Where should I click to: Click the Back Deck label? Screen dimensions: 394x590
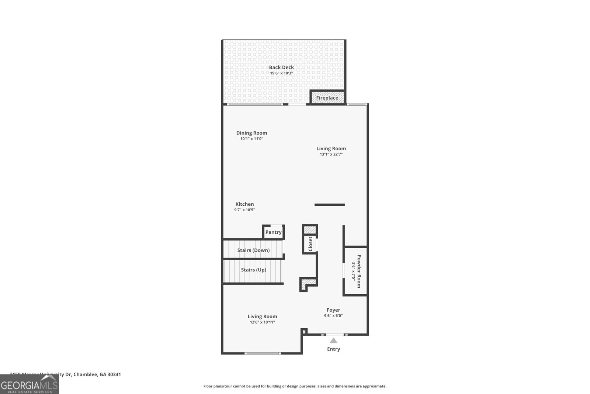click(x=281, y=67)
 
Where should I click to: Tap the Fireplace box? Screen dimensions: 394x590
click(x=327, y=98)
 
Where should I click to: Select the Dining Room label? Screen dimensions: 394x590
click(x=251, y=133)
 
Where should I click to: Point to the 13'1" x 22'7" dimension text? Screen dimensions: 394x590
click(x=331, y=154)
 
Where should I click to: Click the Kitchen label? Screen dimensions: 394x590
click(x=244, y=204)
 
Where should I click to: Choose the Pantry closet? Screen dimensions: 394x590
click(x=273, y=232)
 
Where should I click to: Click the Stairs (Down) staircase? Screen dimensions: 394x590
click(x=253, y=250)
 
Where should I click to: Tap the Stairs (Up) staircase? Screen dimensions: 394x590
click(x=253, y=270)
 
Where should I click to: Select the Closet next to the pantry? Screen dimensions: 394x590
click(x=310, y=244)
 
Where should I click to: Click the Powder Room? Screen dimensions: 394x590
click(x=356, y=271)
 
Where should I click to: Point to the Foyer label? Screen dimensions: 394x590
click(x=333, y=310)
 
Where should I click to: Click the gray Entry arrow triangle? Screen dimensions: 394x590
click(x=333, y=340)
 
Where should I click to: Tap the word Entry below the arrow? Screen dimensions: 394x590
click(x=333, y=349)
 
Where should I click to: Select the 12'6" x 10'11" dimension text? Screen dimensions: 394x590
click(x=262, y=322)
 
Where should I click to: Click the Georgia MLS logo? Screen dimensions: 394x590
click(x=29, y=385)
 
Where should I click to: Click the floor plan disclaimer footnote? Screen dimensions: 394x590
click(x=295, y=386)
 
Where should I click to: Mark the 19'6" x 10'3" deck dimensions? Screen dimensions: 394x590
click(x=281, y=73)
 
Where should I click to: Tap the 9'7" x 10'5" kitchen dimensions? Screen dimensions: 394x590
click(x=244, y=210)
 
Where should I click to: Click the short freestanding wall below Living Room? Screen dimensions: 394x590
click(x=330, y=205)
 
